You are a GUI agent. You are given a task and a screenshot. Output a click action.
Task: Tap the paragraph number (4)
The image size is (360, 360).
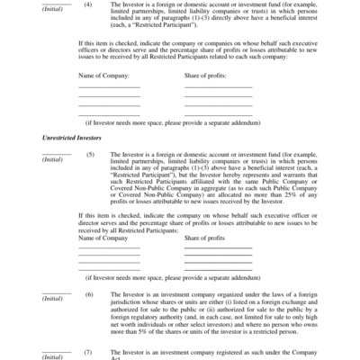88,4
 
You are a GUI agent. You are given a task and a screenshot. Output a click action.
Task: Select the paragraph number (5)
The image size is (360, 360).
88,152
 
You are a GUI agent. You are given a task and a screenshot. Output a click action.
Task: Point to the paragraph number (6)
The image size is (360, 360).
88,294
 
